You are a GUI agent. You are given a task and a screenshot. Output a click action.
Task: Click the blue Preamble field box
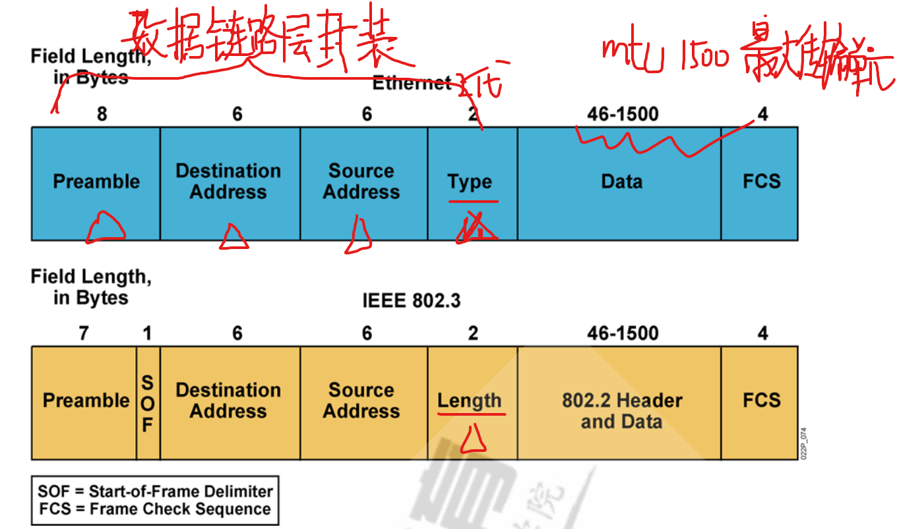96,182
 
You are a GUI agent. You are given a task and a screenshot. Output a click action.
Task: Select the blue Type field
472,182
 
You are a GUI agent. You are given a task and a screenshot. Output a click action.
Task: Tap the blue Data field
620,182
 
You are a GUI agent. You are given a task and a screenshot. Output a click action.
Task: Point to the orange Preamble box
84,401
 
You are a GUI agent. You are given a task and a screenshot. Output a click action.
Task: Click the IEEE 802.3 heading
411,301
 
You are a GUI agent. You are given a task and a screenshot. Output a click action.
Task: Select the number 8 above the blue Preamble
102,115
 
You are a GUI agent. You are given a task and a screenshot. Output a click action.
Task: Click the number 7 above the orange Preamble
83,333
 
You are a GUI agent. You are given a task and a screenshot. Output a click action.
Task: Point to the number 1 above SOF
147,333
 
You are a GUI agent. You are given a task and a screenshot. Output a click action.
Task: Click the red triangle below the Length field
473,440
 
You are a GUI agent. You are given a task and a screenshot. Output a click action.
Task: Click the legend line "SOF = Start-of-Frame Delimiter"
155,491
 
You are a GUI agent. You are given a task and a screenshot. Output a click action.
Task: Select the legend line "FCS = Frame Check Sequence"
154,509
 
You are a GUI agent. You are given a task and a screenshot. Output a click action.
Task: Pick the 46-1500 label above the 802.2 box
623,333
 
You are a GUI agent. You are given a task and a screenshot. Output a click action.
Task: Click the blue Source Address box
361,182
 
